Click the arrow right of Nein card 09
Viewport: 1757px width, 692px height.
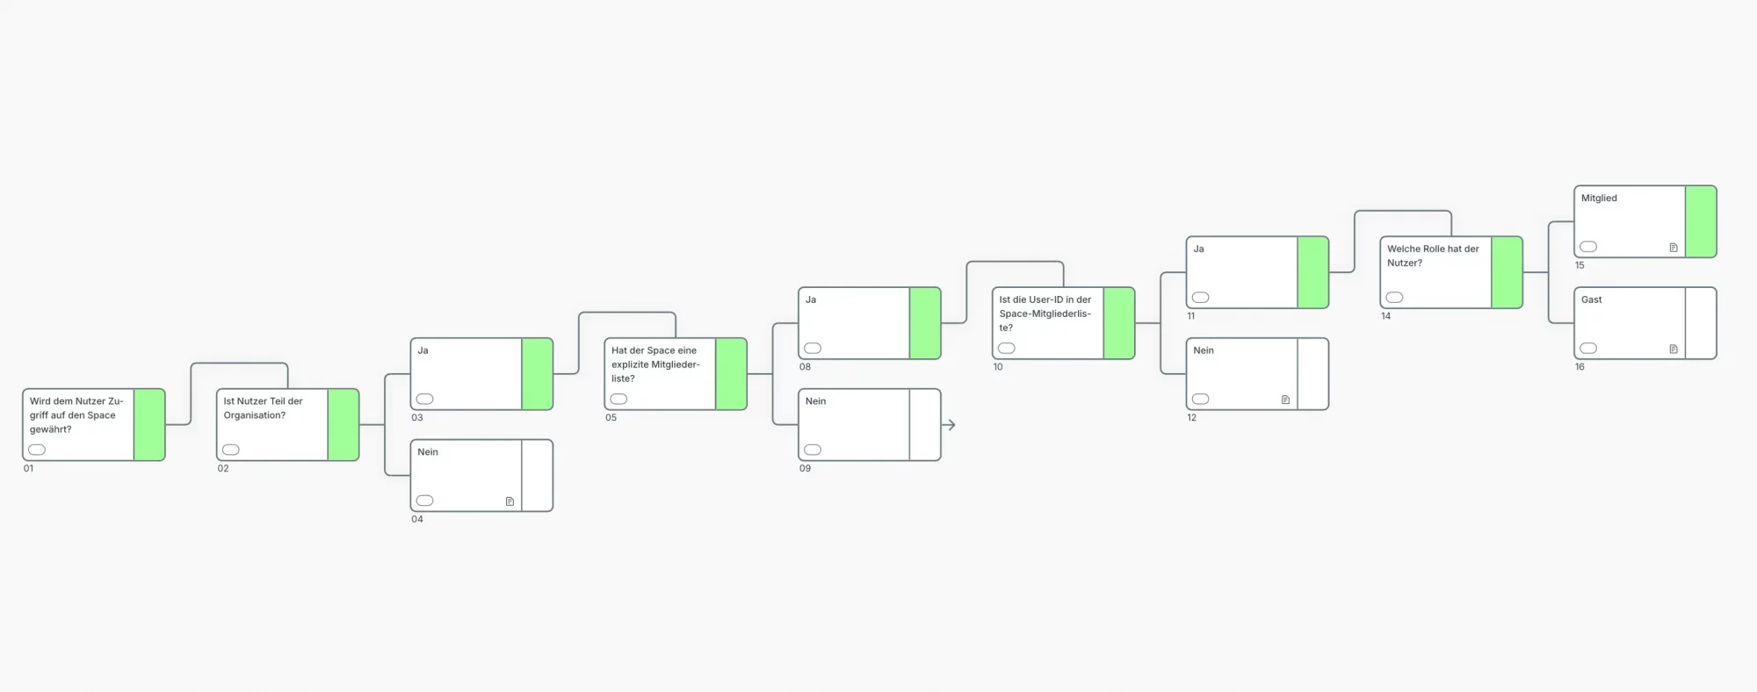click(x=949, y=425)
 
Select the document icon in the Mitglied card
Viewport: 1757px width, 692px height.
click(x=1674, y=248)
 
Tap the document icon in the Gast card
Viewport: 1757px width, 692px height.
click(x=1674, y=350)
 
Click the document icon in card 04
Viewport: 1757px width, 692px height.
click(x=510, y=501)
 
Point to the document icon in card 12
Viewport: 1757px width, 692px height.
click(x=1285, y=400)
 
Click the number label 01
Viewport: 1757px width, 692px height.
click(x=29, y=469)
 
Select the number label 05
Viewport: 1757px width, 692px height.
click(x=611, y=418)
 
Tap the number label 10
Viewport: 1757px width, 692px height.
click(x=998, y=367)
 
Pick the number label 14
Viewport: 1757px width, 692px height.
click(x=1385, y=316)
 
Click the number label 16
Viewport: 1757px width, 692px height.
click(x=1580, y=367)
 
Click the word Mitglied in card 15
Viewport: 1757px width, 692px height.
click(x=1599, y=198)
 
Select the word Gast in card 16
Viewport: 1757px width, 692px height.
click(x=1592, y=299)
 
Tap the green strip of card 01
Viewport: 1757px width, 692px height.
click(x=149, y=425)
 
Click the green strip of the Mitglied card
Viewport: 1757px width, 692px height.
click(x=1701, y=221)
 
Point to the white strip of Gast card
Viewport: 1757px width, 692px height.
click(x=1701, y=323)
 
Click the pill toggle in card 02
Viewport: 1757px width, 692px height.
click(x=231, y=450)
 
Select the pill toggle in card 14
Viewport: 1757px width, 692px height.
click(x=1394, y=298)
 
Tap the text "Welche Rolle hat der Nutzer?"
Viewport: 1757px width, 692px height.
click(x=1433, y=256)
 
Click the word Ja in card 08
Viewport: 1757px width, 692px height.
click(x=811, y=299)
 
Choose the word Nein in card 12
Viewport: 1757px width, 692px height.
click(x=1204, y=350)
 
